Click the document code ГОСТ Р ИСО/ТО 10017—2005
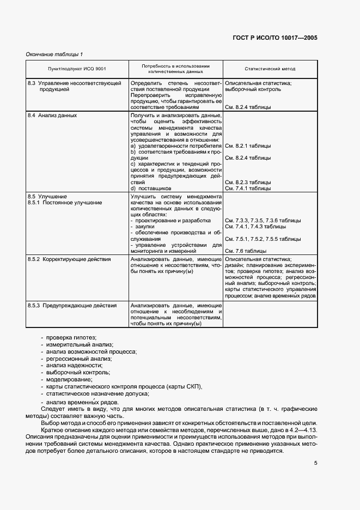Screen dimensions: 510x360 point(278,39)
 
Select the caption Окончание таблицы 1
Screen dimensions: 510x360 point(54,54)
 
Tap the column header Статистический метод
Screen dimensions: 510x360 point(270,70)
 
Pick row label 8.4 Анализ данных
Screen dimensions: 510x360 point(52,116)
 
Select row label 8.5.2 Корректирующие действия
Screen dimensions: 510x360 point(69,259)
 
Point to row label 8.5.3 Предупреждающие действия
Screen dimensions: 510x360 point(72,306)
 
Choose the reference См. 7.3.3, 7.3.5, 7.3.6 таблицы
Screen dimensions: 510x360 point(262,220)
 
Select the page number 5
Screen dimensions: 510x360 point(315,464)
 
